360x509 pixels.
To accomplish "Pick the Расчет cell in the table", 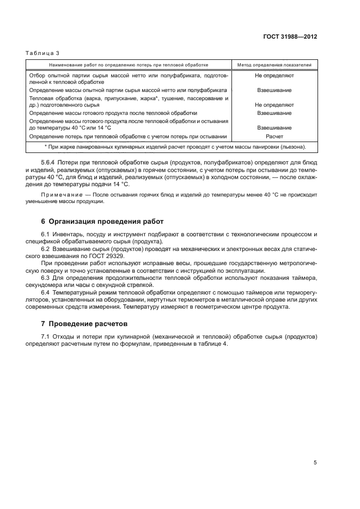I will click(274, 136).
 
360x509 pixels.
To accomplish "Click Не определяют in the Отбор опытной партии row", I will click(274, 77).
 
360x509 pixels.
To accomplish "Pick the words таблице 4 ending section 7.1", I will click(214, 344).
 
